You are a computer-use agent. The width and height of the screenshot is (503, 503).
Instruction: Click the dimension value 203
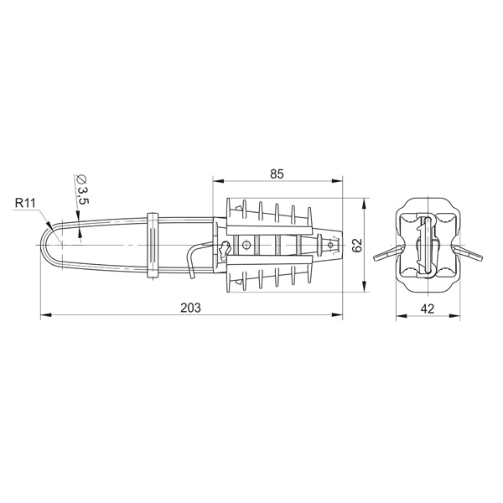190,308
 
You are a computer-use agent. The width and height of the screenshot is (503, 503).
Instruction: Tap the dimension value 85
277,174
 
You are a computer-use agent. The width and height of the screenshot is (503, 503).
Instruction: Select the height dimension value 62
357,246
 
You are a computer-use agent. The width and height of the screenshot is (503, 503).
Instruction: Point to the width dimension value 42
428,309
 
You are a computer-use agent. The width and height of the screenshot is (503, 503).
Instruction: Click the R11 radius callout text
25,203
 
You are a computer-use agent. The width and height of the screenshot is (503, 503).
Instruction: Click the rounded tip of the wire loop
42,245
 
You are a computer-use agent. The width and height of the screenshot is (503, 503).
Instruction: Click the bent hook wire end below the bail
191,262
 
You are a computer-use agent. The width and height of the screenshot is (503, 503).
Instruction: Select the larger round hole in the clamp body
246,245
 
